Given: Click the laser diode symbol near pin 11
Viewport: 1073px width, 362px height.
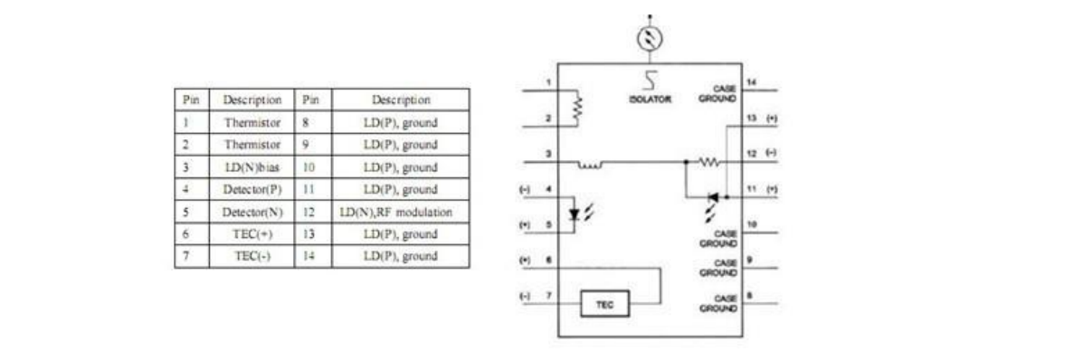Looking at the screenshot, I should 714,195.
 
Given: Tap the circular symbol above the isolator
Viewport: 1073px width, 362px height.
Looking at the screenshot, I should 649,37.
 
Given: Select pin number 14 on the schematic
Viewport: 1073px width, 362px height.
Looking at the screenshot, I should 750,82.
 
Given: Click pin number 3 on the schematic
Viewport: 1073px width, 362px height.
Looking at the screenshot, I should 549,155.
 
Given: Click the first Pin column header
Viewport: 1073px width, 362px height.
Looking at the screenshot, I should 191,99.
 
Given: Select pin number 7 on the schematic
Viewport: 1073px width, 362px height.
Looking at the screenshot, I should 549,296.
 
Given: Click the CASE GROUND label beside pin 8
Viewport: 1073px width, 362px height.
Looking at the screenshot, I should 720,302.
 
